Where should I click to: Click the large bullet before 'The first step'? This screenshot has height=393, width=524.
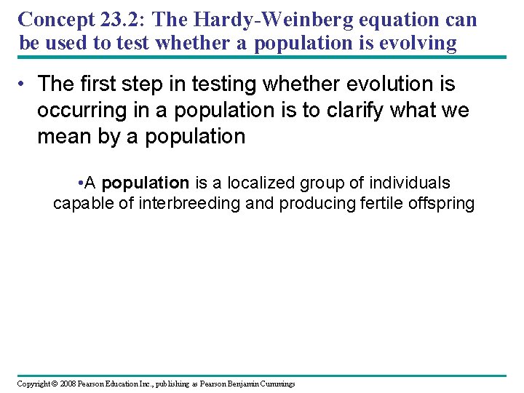click(x=23, y=85)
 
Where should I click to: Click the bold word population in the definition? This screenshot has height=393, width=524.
click(x=146, y=183)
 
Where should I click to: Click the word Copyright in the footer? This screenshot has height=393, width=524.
click(x=33, y=384)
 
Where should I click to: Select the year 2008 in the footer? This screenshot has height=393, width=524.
click(x=67, y=384)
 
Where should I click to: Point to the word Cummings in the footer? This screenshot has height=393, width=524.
click(x=274, y=384)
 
